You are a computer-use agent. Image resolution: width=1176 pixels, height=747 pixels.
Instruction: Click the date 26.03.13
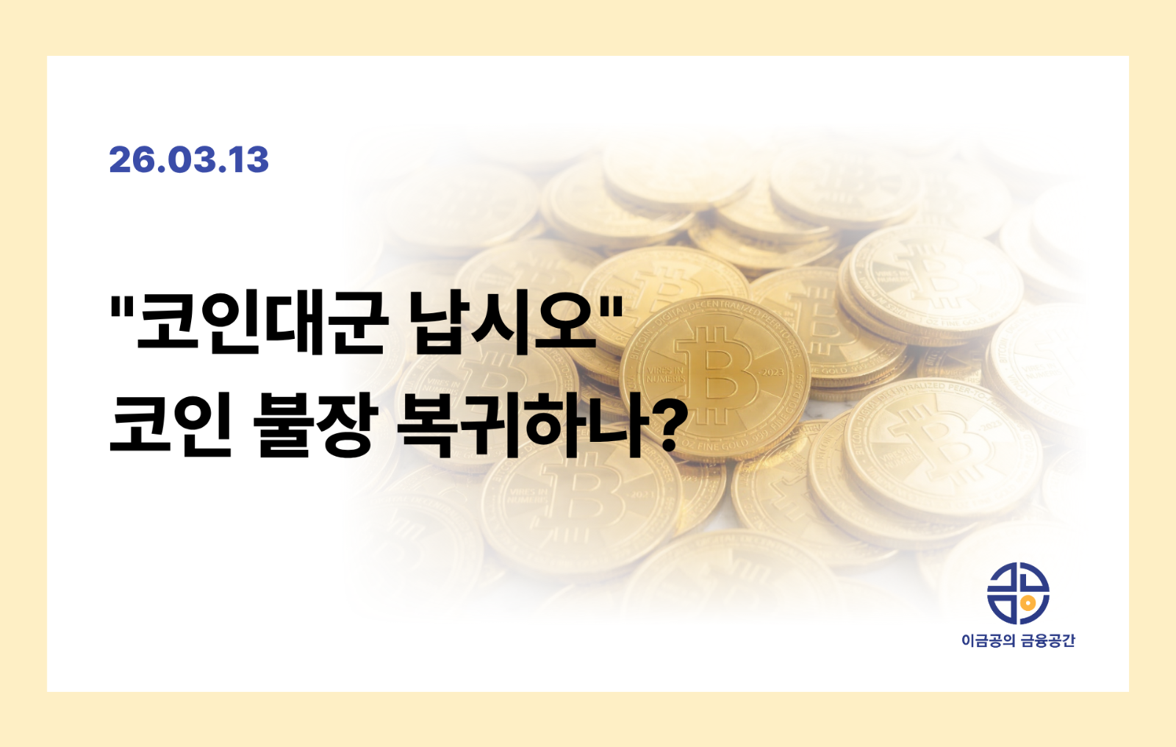(189, 160)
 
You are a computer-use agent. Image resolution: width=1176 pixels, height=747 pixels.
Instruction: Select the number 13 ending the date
(248, 160)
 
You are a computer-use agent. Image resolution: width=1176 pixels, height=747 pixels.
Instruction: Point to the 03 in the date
(190, 160)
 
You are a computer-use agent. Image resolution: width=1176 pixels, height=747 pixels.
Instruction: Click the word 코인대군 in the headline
(261, 324)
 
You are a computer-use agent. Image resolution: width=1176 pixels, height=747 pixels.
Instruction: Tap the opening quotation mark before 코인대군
(120, 303)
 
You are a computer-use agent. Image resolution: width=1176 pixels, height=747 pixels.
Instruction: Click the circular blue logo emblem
(1018, 593)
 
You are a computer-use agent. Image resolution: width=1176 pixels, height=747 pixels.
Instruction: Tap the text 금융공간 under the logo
(1049, 641)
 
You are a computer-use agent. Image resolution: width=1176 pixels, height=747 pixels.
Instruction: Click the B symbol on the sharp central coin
(717, 376)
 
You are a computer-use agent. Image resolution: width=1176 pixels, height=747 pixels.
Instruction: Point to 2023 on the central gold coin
(772, 372)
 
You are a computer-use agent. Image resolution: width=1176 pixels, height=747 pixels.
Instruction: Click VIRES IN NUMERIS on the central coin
(664, 374)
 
